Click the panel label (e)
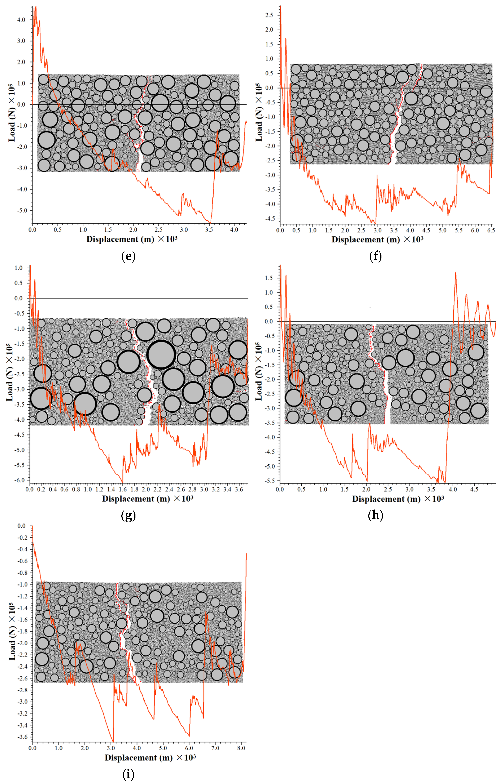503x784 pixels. pos(128,256)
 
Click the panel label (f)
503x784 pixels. pos(375,256)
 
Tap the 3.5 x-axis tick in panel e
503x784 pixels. pos(209,230)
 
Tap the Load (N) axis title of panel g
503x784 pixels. pos(10,372)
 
